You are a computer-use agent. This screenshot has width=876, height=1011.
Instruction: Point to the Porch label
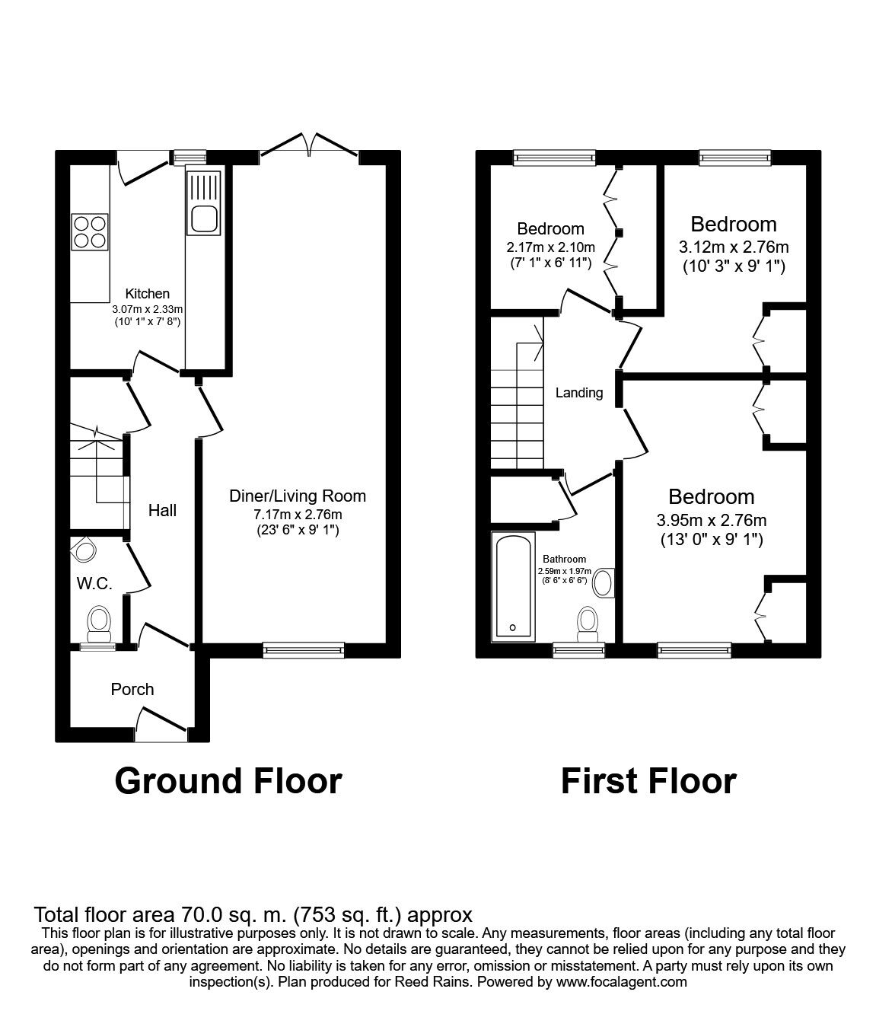tap(132, 689)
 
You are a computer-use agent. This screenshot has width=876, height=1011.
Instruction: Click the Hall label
tap(162, 510)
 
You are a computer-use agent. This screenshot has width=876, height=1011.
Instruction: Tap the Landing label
tap(579, 393)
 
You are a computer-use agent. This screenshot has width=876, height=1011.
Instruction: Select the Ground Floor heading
tap(228, 781)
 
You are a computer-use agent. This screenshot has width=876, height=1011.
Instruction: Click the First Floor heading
tap(648, 781)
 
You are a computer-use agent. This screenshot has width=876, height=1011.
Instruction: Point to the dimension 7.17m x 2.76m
tap(298, 515)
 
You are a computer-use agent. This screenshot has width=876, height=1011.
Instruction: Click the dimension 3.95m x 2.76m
tap(711, 521)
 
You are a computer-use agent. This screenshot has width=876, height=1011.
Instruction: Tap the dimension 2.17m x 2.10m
tap(550, 247)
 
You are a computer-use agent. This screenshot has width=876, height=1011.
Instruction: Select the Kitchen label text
tap(148, 294)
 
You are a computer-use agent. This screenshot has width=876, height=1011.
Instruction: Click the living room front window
tap(304, 649)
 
